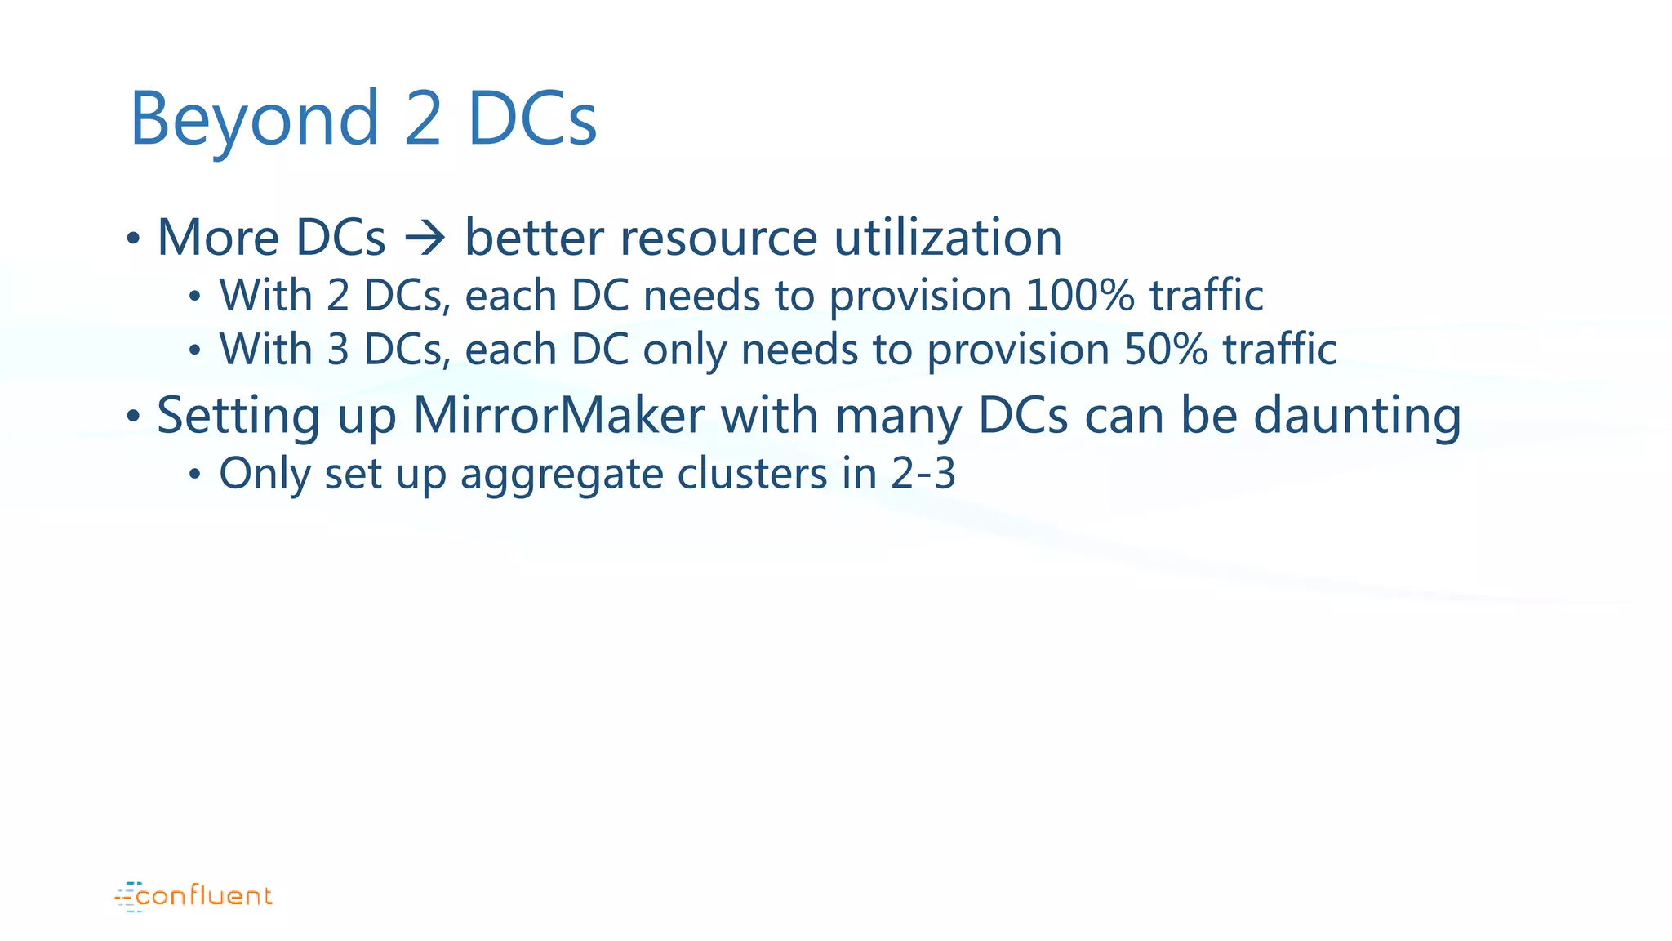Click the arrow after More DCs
click(x=425, y=238)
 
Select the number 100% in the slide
click(x=1079, y=295)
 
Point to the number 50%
click(x=1166, y=349)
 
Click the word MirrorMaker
click(x=558, y=415)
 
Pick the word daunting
click(x=1357, y=415)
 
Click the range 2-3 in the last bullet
click(x=923, y=473)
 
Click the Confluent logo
click(x=193, y=896)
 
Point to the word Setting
click(x=238, y=415)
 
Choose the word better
click(x=534, y=238)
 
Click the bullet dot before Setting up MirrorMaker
click(x=133, y=417)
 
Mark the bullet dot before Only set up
click(x=194, y=475)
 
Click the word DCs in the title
click(x=532, y=119)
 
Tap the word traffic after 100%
click(x=1207, y=295)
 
